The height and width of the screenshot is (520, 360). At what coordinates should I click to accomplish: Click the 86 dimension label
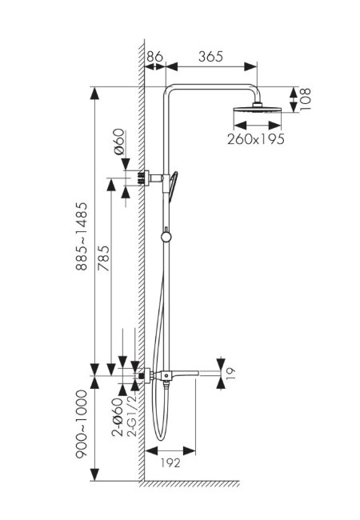155,56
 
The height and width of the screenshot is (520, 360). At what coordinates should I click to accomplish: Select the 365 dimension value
211,57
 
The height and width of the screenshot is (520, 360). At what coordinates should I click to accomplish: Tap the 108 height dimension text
305,99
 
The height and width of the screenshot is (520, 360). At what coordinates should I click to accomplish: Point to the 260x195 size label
256,139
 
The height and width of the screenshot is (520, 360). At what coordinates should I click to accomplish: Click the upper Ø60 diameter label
119,142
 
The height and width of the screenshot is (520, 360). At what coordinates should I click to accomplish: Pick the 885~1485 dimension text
82,236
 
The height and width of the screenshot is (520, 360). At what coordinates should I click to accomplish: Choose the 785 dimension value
103,258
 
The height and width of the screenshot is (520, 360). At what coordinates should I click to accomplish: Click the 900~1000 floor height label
82,424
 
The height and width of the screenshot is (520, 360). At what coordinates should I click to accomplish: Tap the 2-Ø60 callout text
118,417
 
